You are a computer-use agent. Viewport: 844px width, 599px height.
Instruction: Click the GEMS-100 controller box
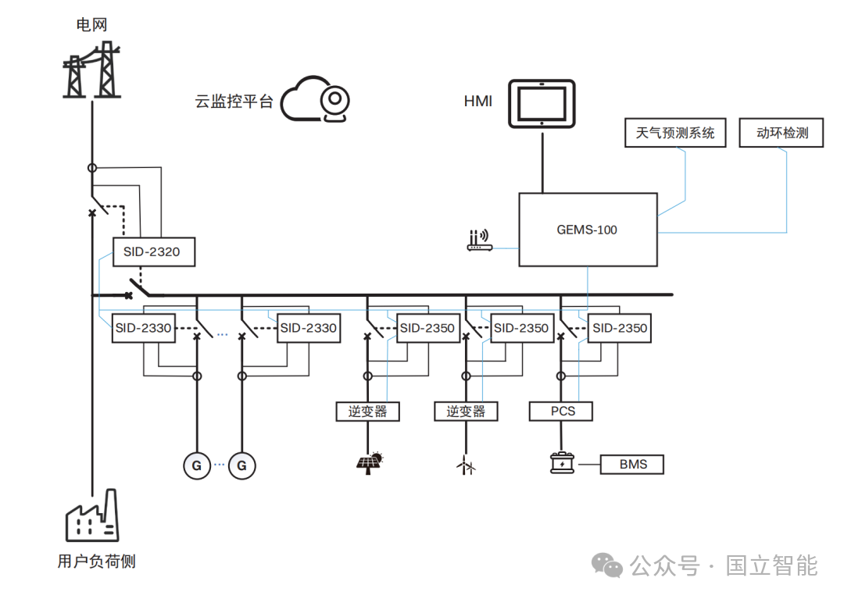point(588,230)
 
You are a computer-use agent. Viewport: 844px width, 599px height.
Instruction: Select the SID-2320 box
point(154,251)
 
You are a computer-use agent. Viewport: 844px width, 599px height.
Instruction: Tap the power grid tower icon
point(91,70)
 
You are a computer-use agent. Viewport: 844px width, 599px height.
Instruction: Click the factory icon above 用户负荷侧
point(91,515)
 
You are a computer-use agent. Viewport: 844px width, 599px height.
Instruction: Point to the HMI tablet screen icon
point(542,104)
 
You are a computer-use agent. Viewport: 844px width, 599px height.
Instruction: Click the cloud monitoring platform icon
point(315,99)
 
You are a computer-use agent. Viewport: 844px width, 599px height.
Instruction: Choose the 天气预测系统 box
point(675,133)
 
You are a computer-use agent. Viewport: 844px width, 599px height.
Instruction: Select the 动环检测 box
point(781,133)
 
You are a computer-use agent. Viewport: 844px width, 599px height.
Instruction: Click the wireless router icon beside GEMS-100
point(479,240)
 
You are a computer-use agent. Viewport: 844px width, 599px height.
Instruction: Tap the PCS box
point(561,412)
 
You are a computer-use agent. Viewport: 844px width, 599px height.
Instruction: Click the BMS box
point(632,465)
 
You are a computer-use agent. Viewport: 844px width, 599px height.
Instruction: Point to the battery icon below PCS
point(562,463)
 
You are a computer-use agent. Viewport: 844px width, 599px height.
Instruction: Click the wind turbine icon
point(466,465)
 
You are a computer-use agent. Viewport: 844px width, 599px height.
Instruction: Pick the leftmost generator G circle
point(197,465)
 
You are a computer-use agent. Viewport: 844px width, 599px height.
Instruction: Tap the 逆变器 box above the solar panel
point(367,412)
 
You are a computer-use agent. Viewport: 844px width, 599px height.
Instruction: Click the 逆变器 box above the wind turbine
point(466,412)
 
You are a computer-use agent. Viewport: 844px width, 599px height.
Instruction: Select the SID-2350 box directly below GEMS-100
point(619,328)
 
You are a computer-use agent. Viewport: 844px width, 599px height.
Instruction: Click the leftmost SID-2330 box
point(143,328)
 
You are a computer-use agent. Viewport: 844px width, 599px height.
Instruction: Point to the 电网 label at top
point(91,25)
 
